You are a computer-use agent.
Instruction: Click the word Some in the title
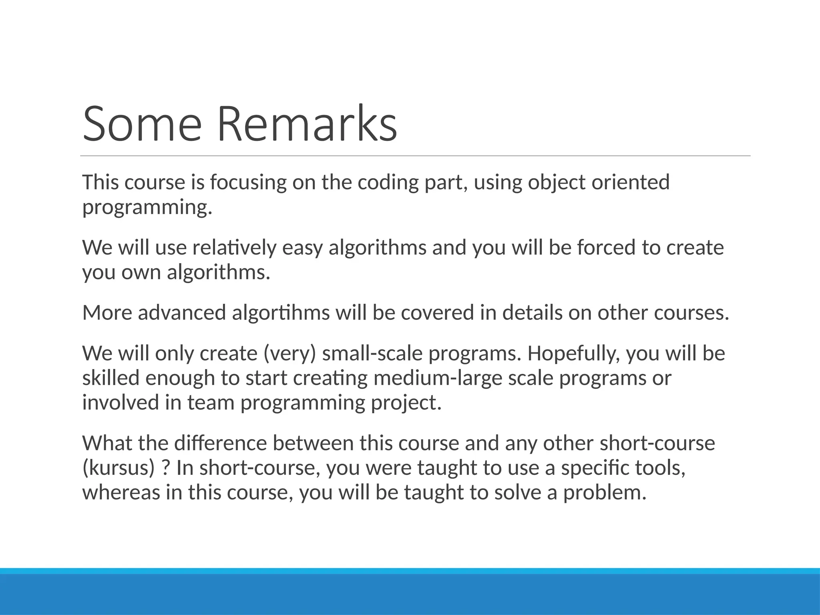click(x=142, y=124)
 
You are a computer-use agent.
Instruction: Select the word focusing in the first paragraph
click(x=248, y=183)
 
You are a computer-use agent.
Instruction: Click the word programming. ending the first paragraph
click(x=147, y=207)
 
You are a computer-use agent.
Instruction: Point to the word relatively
click(x=235, y=247)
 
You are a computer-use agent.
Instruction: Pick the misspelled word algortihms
click(x=281, y=313)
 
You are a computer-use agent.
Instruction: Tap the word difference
click(x=221, y=443)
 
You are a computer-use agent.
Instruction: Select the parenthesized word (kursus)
click(x=119, y=468)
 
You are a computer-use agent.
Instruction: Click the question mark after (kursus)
click(x=165, y=468)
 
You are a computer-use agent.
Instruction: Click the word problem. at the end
click(x=605, y=493)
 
